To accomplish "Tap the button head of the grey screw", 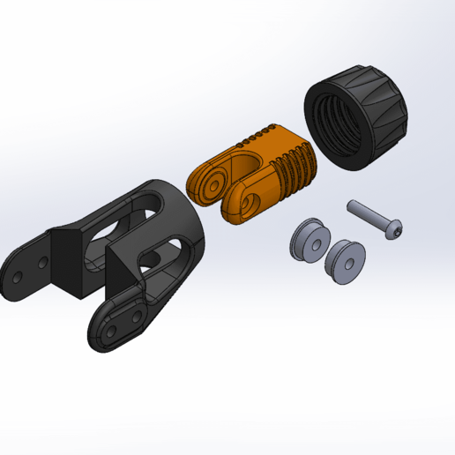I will click(x=396, y=230).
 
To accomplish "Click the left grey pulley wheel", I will click(x=310, y=241).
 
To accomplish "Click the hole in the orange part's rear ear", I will click(x=212, y=186).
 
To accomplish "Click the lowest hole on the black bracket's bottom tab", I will click(x=109, y=333).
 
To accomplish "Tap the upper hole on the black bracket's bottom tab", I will click(x=136, y=315).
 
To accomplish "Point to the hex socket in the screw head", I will click(x=399, y=232).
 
